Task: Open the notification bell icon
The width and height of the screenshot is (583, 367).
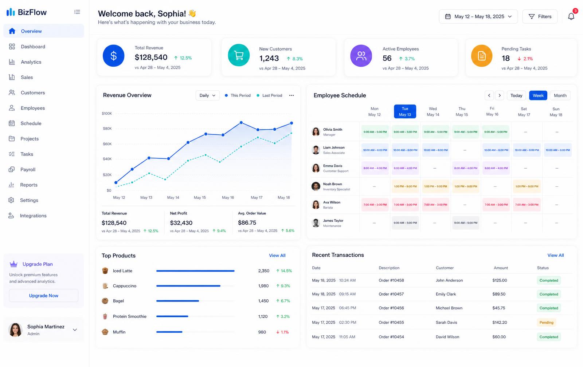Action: pos(571,16)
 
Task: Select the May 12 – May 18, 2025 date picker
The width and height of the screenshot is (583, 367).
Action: pos(478,16)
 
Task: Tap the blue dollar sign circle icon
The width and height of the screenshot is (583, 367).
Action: pos(113,56)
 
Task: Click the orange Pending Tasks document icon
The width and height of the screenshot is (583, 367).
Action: pos(481,56)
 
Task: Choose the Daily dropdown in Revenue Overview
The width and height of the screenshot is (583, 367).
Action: pos(207,95)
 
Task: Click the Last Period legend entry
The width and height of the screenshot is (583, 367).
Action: pos(269,95)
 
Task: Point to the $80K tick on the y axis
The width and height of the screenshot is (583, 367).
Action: pos(107,129)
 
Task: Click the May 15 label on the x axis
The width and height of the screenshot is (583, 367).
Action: pos(200,197)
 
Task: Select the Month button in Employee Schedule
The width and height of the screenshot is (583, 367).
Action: pos(560,95)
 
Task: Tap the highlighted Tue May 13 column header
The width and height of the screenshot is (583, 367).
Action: pos(405,111)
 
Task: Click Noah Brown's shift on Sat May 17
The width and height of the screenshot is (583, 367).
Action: pos(527,186)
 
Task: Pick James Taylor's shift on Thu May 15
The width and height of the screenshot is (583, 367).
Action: pos(466,223)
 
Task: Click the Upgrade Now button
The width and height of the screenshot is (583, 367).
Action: pos(43,296)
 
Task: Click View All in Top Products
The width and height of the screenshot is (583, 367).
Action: pos(277,256)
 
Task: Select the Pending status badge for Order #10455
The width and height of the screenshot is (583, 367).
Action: pos(546,323)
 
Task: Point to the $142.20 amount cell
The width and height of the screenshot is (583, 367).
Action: pos(500,323)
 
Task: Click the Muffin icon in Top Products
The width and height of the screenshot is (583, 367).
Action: pos(105,332)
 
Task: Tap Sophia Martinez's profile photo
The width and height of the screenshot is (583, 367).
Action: pos(15,330)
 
